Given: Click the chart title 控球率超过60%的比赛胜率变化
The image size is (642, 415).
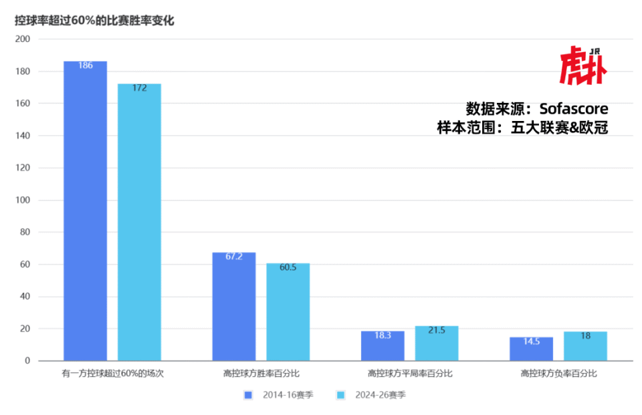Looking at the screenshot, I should [x=94, y=21].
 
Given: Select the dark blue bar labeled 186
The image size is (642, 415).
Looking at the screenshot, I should [x=85, y=211].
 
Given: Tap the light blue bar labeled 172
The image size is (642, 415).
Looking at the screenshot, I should [x=139, y=222].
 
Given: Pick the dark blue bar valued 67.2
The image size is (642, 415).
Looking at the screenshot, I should [x=233, y=306].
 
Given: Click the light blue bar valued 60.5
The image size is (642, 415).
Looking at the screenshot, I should [x=288, y=311].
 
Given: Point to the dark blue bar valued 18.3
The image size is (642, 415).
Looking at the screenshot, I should [x=383, y=345].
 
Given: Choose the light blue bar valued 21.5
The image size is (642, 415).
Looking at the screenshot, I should [x=436, y=343].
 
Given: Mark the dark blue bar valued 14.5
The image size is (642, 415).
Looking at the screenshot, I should [x=531, y=349].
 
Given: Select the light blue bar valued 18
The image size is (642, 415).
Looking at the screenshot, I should [x=585, y=346].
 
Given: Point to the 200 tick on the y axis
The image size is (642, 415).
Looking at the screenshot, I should [x=23, y=39].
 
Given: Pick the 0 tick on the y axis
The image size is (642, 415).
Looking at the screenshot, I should [x=27, y=361].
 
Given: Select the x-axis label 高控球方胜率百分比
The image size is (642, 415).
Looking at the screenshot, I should [x=261, y=374].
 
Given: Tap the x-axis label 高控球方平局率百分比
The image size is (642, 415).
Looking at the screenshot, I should [x=410, y=374].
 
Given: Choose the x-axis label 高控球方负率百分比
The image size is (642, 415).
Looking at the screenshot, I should [x=558, y=374].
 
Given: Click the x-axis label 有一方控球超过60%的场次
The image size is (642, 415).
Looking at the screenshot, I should [x=112, y=374].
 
